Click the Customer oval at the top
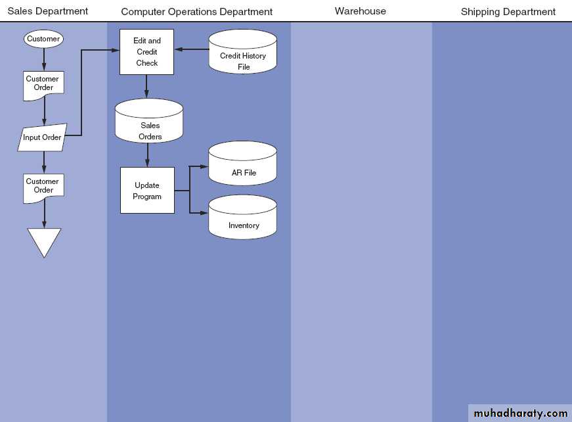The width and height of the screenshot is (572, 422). tap(43, 39)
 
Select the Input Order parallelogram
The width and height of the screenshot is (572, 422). tap(43, 137)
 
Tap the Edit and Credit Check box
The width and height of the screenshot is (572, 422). tap(146, 52)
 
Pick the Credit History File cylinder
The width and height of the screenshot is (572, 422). tap(243, 53)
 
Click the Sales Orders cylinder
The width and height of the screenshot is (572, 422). tap(148, 123)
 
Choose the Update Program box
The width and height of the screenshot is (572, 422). tap(147, 190)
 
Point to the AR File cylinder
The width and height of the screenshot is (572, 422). tap(243, 164)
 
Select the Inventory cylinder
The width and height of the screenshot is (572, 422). tap(243, 218)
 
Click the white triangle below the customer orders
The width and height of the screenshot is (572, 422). tap(44, 241)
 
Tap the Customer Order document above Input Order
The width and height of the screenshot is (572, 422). tap(43, 85)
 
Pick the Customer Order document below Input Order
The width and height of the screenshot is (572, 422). tap(43, 187)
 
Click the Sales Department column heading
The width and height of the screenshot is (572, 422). tap(47, 11)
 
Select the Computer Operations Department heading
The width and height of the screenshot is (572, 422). tap(196, 12)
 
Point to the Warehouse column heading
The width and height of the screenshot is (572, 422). tap(360, 11)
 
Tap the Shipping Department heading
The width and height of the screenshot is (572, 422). tap(508, 12)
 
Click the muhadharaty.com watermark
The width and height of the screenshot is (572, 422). tap(520, 413)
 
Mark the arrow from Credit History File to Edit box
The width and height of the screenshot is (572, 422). tap(191, 49)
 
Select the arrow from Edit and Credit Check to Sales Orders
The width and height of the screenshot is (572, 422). tap(146, 86)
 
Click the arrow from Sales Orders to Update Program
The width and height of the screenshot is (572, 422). tap(147, 155)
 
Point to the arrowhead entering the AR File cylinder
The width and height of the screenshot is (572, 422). tap(204, 167)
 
